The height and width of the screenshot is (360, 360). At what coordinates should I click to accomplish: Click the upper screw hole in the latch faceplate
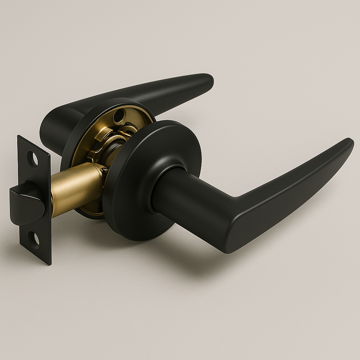(32, 159)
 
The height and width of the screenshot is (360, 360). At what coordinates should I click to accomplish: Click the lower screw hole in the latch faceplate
(34, 238)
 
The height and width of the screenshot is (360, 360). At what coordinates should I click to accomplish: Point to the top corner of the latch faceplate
(20, 137)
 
